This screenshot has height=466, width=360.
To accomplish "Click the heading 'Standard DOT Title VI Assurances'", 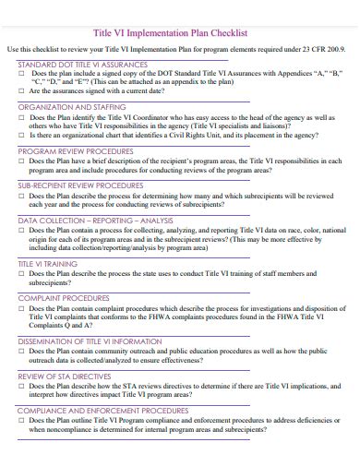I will click(x=83, y=65).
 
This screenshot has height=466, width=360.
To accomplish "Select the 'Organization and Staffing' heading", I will click(x=72, y=107).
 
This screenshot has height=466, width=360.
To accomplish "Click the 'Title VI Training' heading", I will click(x=47, y=264).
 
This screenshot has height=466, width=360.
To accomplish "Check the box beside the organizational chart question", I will click(x=22, y=135).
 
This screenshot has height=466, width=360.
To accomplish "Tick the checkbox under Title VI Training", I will click(x=22, y=275).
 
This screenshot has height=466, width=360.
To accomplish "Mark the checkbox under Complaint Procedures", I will click(x=22, y=310).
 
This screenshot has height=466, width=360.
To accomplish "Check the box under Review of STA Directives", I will click(x=22, y=388).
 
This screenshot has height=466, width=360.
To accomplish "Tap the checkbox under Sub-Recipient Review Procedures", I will click(x=22, y=197).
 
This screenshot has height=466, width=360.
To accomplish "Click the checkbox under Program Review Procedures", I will click(x=22, y=161).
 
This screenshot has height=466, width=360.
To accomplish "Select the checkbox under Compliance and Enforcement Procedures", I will click(x=22, y=422).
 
